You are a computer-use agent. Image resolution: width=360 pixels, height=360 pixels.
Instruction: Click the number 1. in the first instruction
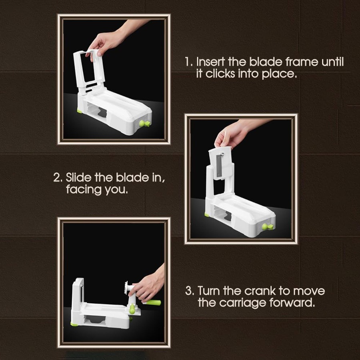(189, 62)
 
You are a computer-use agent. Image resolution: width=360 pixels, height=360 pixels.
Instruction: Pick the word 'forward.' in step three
(292, 302)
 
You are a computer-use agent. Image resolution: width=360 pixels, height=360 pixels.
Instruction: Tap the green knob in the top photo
(144, 123)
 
